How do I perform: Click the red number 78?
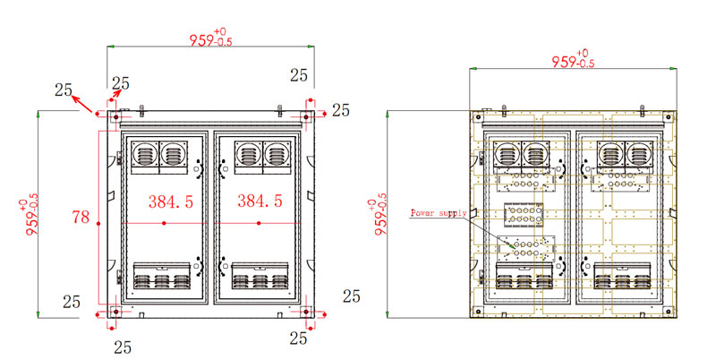81,217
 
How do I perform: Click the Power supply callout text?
439,213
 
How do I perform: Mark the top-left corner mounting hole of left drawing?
114,116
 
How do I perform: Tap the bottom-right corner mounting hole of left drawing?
306,313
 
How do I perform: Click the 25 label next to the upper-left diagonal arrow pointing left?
63,90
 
